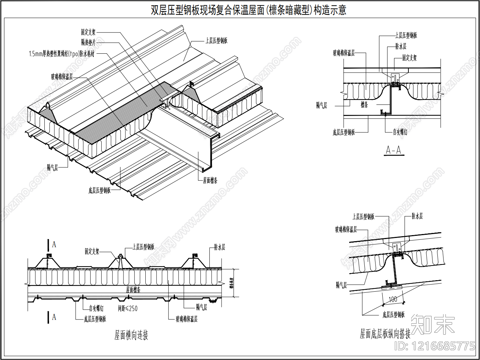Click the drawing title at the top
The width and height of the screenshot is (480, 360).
[248, 10]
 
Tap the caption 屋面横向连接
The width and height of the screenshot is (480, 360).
[131, 335]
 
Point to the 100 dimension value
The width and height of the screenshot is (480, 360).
[393, 299]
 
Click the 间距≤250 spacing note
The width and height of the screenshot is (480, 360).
[128, 308]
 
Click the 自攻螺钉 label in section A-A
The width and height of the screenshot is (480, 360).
[400, 132]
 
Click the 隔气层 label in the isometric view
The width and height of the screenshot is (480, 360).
[52, 168]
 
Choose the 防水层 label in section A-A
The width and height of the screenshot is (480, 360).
[401, 47]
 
